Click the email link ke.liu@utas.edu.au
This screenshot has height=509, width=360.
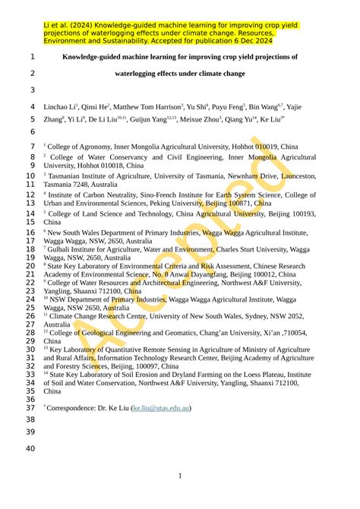tap(161, 408)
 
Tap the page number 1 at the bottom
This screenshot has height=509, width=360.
tap(180, 476)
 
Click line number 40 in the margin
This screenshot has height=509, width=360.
tap(30, 449)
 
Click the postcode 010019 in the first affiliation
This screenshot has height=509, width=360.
tap(267, 146)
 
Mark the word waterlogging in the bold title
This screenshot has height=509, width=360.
tap(140, 74)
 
